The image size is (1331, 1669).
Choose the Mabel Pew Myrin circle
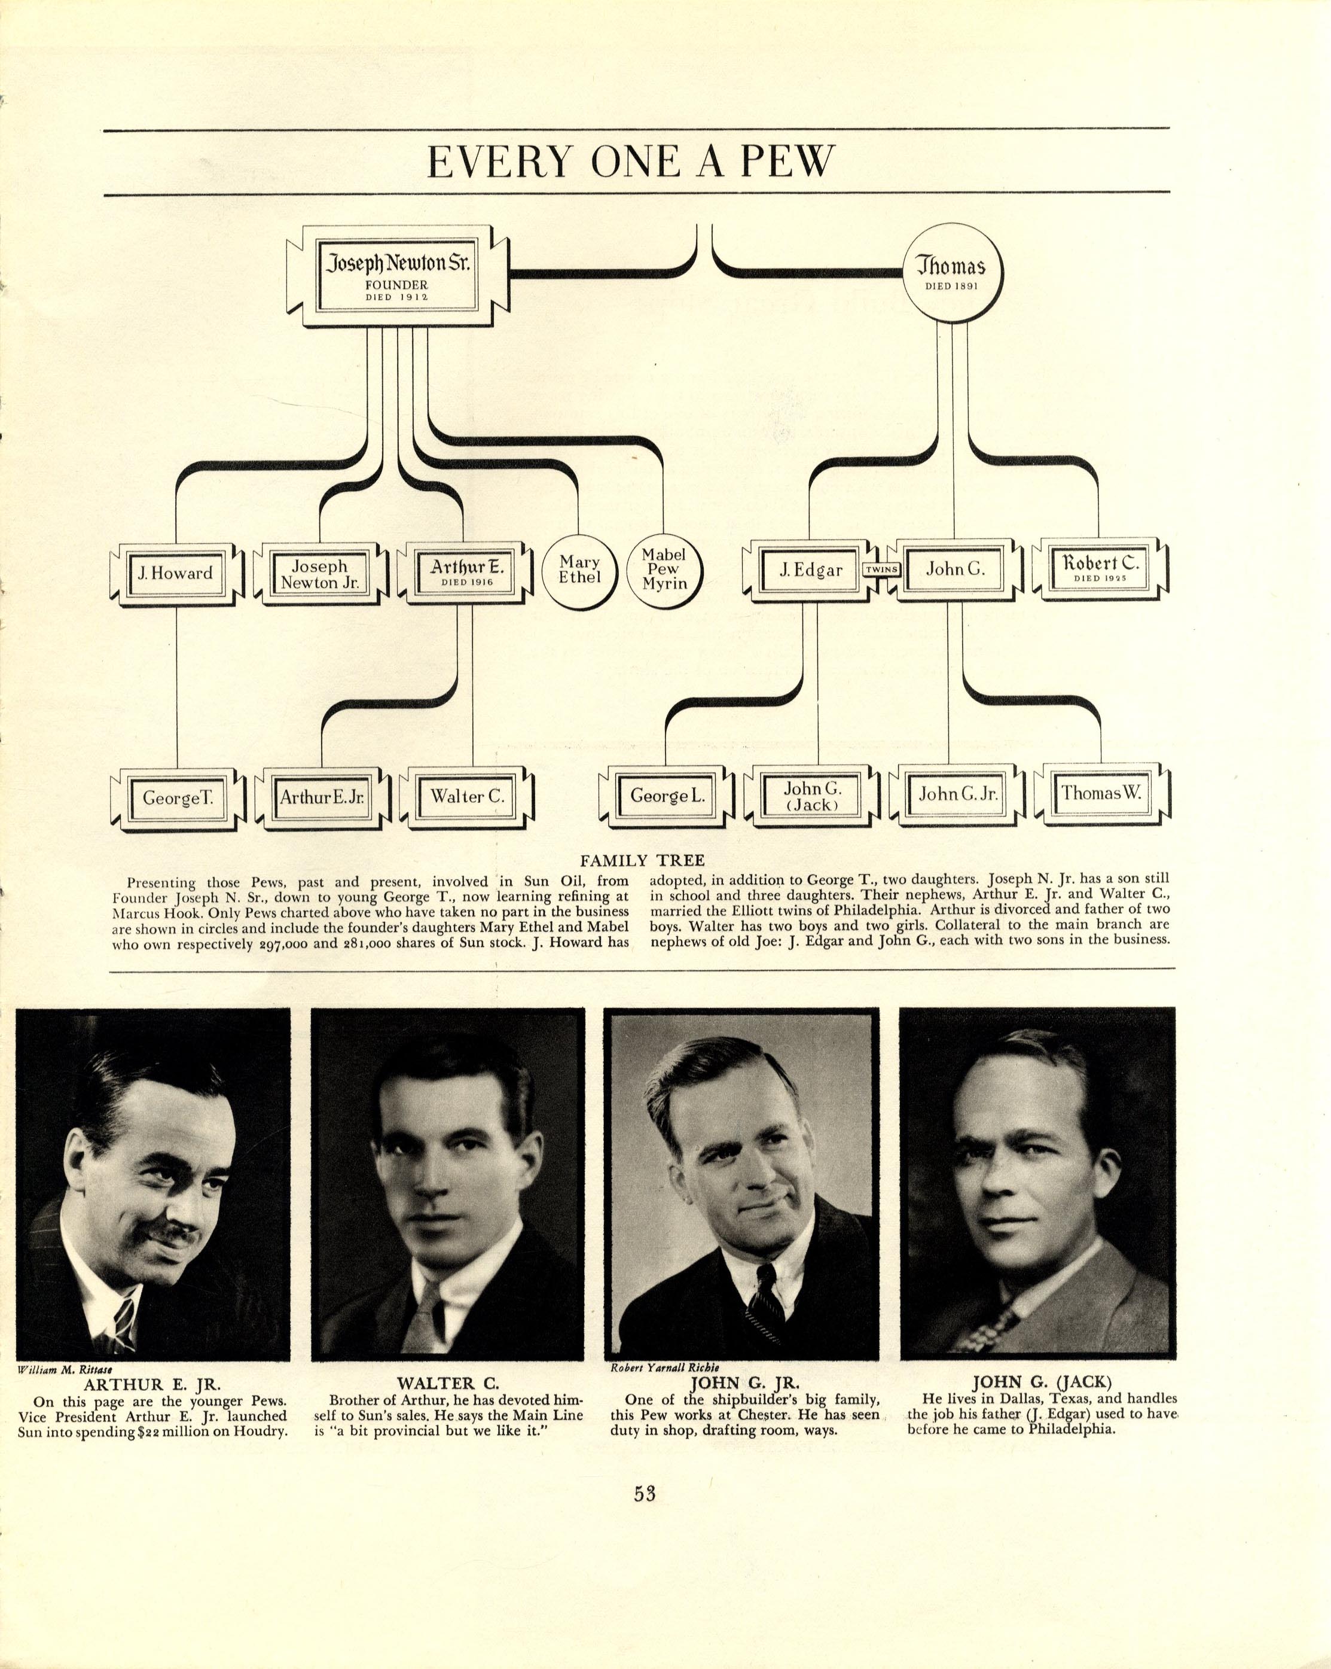tap(664, 569)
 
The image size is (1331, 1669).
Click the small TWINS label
tap(881, 569)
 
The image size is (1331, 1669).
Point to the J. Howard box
tap(176, 574)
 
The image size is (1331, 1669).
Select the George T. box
tap(178, 798)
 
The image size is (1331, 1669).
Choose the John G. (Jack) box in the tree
tap(812, 796)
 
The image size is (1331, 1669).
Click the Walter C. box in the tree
tap(468, 797)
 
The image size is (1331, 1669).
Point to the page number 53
tap(645, 1493)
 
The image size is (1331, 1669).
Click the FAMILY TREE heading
tap(642, 860)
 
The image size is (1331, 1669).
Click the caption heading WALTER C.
tap(447, 1382)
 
